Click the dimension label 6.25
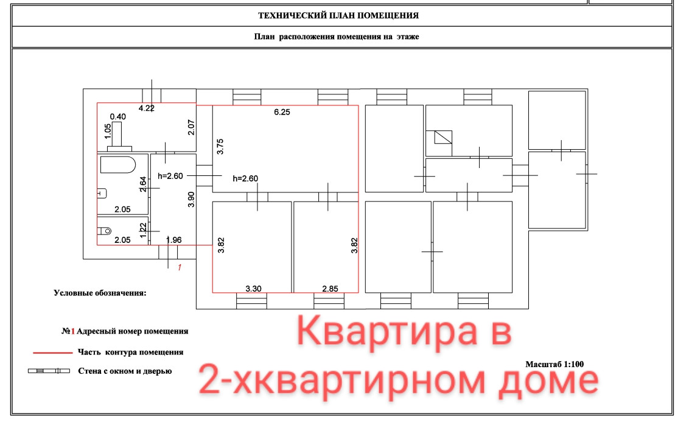(281, 113)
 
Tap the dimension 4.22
(147, 109)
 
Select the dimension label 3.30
(253, 289)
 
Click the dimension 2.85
(329, 289)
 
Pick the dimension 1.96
(175, 240)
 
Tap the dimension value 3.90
(191, 200)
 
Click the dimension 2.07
(191, 127)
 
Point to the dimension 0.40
(117, 116)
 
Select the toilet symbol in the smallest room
(104, 231)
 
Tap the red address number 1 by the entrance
(179, 267)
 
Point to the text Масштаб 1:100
(554, 364)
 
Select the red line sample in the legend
(52, 352)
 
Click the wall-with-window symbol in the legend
(50, 371)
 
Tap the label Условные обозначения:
(100, 293)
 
